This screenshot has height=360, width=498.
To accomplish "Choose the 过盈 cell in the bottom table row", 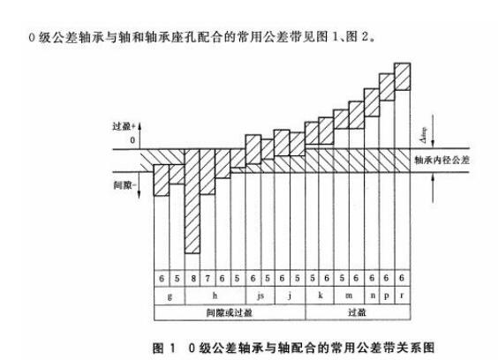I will (357, 312).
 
